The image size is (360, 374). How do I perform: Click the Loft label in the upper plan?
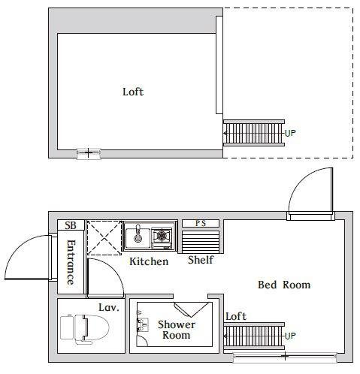[x=133, y=92]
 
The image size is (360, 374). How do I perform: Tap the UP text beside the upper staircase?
[x=291, y=133]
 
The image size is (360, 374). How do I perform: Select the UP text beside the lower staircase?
[x=291, y=335]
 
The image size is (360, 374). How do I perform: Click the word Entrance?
[x=71, y=261]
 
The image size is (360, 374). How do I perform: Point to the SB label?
[x=71, y=225]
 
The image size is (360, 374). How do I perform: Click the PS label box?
[x=200, y=223]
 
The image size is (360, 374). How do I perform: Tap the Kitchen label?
[x=148, y=261]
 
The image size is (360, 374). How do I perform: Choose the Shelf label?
[x=201, y=260]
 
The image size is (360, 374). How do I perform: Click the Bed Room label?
[x=284, y=285]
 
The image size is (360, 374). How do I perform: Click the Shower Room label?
[x=176, y=330]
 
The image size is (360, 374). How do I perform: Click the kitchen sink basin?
[x=139, y=237]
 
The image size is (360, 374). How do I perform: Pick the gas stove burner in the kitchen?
[x=162, y=237]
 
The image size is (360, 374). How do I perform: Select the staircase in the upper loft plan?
[x=253, y=133]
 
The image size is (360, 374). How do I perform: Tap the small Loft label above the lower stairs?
[x=236, y=316]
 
